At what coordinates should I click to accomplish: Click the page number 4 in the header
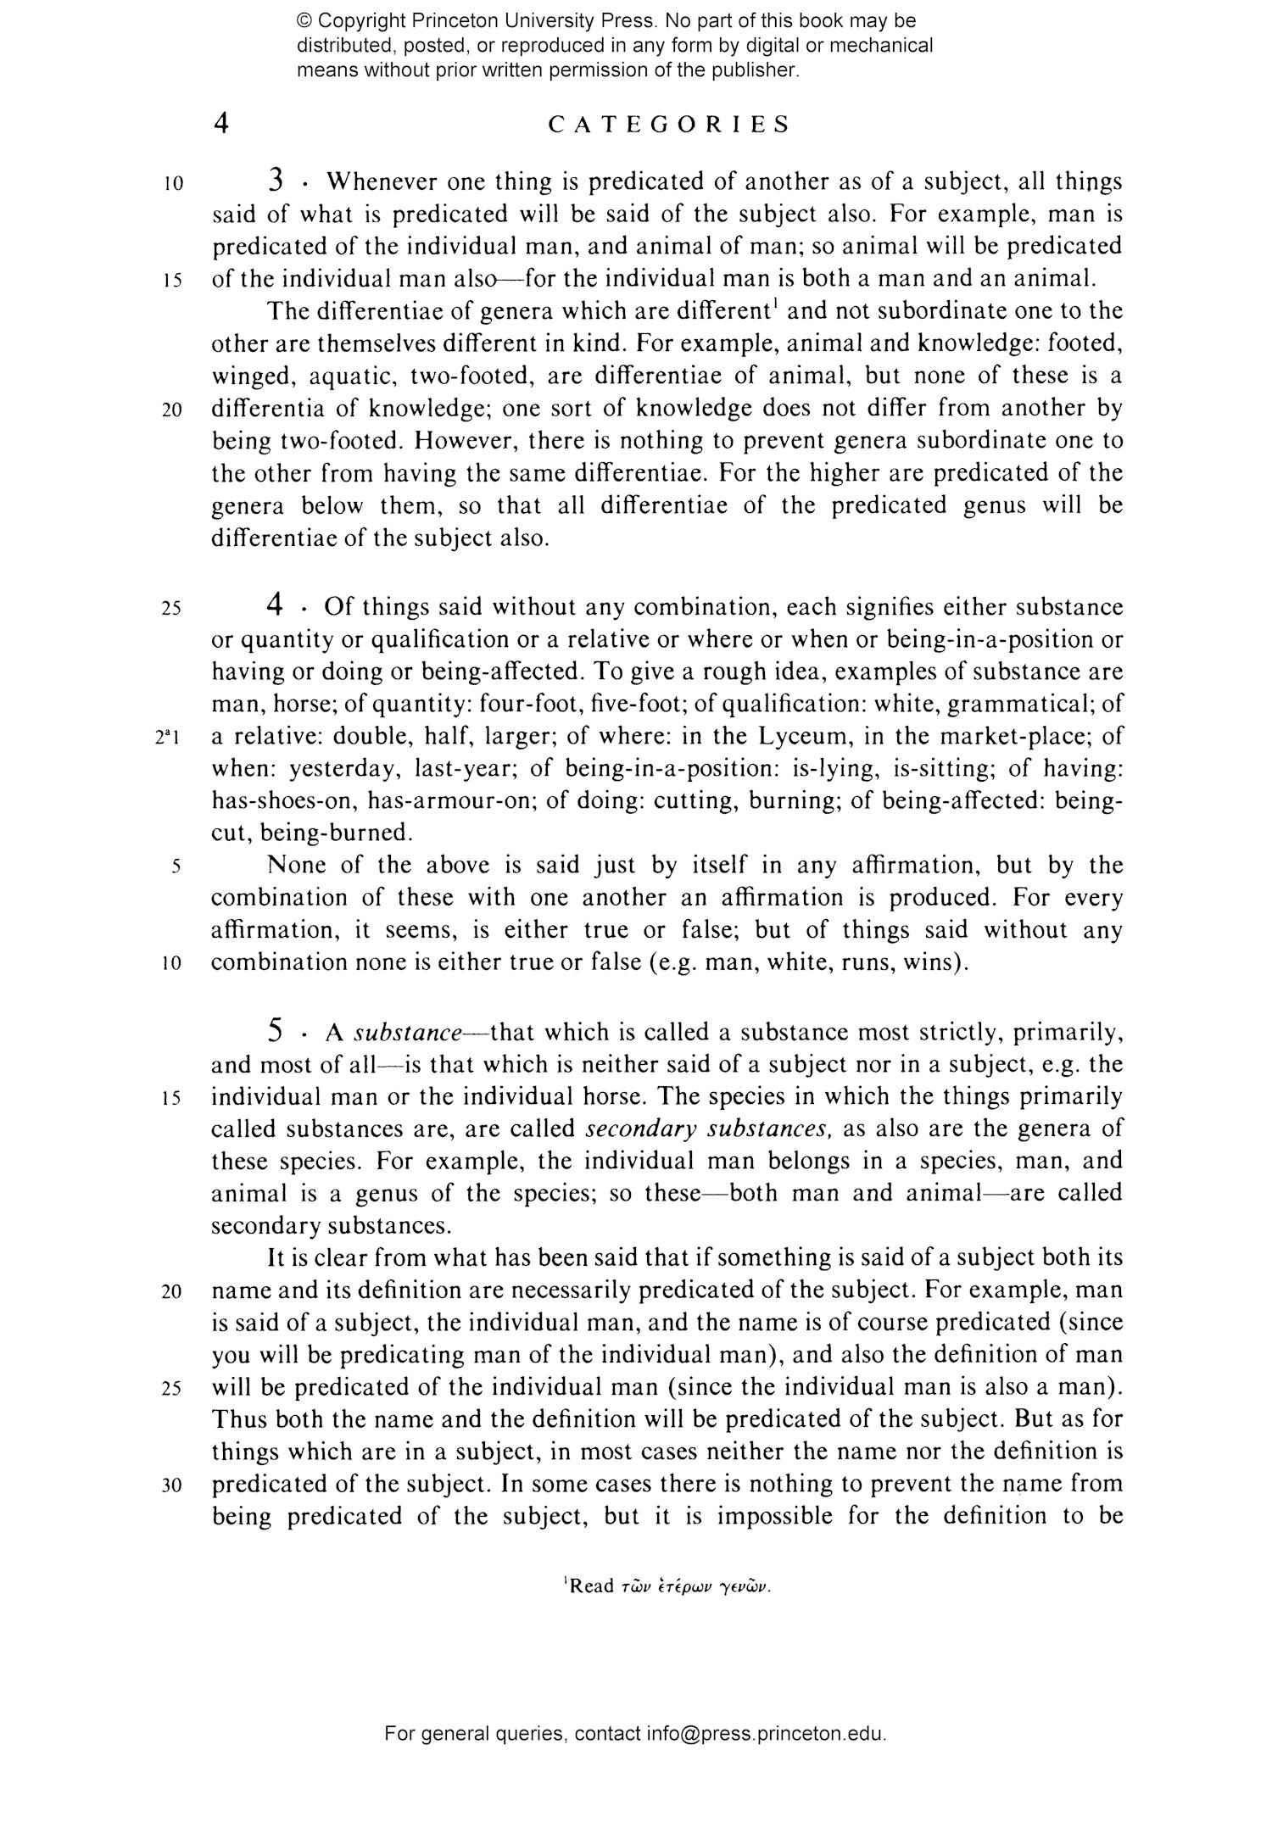220,124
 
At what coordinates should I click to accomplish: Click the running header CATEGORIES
669,125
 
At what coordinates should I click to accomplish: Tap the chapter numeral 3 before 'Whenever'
276,181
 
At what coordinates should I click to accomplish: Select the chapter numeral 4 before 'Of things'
274,605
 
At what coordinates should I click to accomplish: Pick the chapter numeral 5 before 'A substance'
275,1031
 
